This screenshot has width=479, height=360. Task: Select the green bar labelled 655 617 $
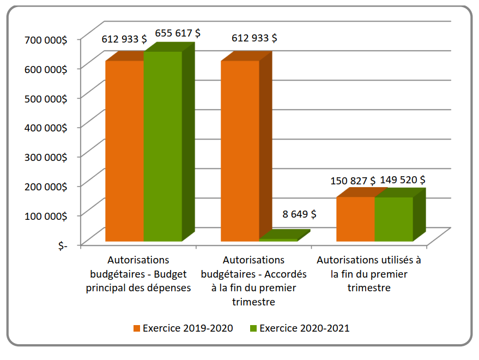pyautogui.click(x=162, y=146)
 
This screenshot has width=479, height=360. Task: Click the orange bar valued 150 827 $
pyautogui.click(x=355, y=219)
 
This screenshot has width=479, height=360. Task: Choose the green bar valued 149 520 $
pyautogui.click(x=393, y=219)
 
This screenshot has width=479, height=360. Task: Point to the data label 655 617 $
pyautogui.click(x=177, y=33)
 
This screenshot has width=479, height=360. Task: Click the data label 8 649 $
pyautogui.click(x=299, y=214)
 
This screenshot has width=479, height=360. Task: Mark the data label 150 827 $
pyautogui.click(x=353, y=181)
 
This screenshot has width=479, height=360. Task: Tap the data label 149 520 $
pyautogui.click(x=403, y=179)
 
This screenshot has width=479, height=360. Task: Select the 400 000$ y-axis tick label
pyautogui.click(x=46, y=128)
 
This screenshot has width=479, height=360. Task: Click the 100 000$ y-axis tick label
pyautogui.click(x=46, y=215)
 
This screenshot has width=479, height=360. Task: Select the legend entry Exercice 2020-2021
pyautogui.click(x=299, y=328)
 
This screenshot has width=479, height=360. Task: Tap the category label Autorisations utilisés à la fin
pyautogui.click(x=369, y=274)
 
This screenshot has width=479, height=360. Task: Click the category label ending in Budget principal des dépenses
pyautogui.click(x=138, y=274)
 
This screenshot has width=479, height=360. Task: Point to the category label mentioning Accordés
pyautogui.click(x=254, y=281)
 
